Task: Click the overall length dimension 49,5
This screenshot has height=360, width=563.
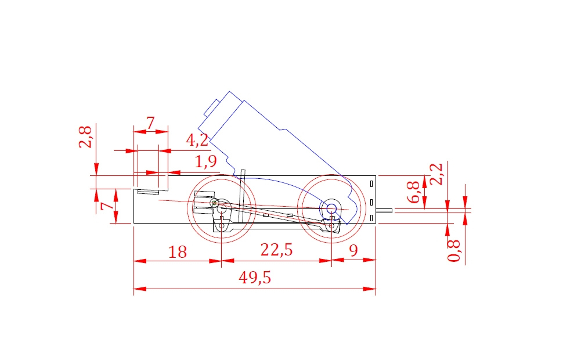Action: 255,278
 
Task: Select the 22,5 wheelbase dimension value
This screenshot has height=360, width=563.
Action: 276,250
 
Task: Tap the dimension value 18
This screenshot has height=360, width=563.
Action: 178,252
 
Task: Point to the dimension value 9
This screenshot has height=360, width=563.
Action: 353,251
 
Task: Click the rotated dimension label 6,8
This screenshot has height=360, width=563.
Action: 413,192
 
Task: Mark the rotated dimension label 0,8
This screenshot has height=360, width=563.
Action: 454,250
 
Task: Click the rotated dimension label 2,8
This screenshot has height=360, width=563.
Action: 85,137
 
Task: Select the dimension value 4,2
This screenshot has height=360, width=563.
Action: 197,140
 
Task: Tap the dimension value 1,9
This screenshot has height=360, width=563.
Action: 205,161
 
